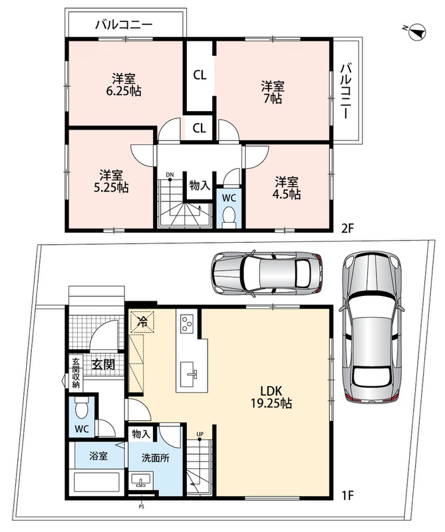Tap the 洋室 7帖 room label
click(x=273, y=92)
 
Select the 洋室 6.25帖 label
click(x=124, y=85)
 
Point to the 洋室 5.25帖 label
click(x=111, y=182)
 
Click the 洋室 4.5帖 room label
click(x=287, y=188)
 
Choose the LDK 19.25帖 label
click(x=271, y=397)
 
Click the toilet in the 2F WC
click(x=229, y=217)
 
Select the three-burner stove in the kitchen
click(x=187, y=323)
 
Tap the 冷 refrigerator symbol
click(x=142, y=321)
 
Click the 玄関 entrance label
click(x=104, y=364)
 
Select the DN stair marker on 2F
click(x=170, y=176)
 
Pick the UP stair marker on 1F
click(x=200, y=436)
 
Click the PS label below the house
click(x=141, y=507)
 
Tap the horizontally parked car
click(x=267, y=273)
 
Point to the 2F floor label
click(x=347, y=228)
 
